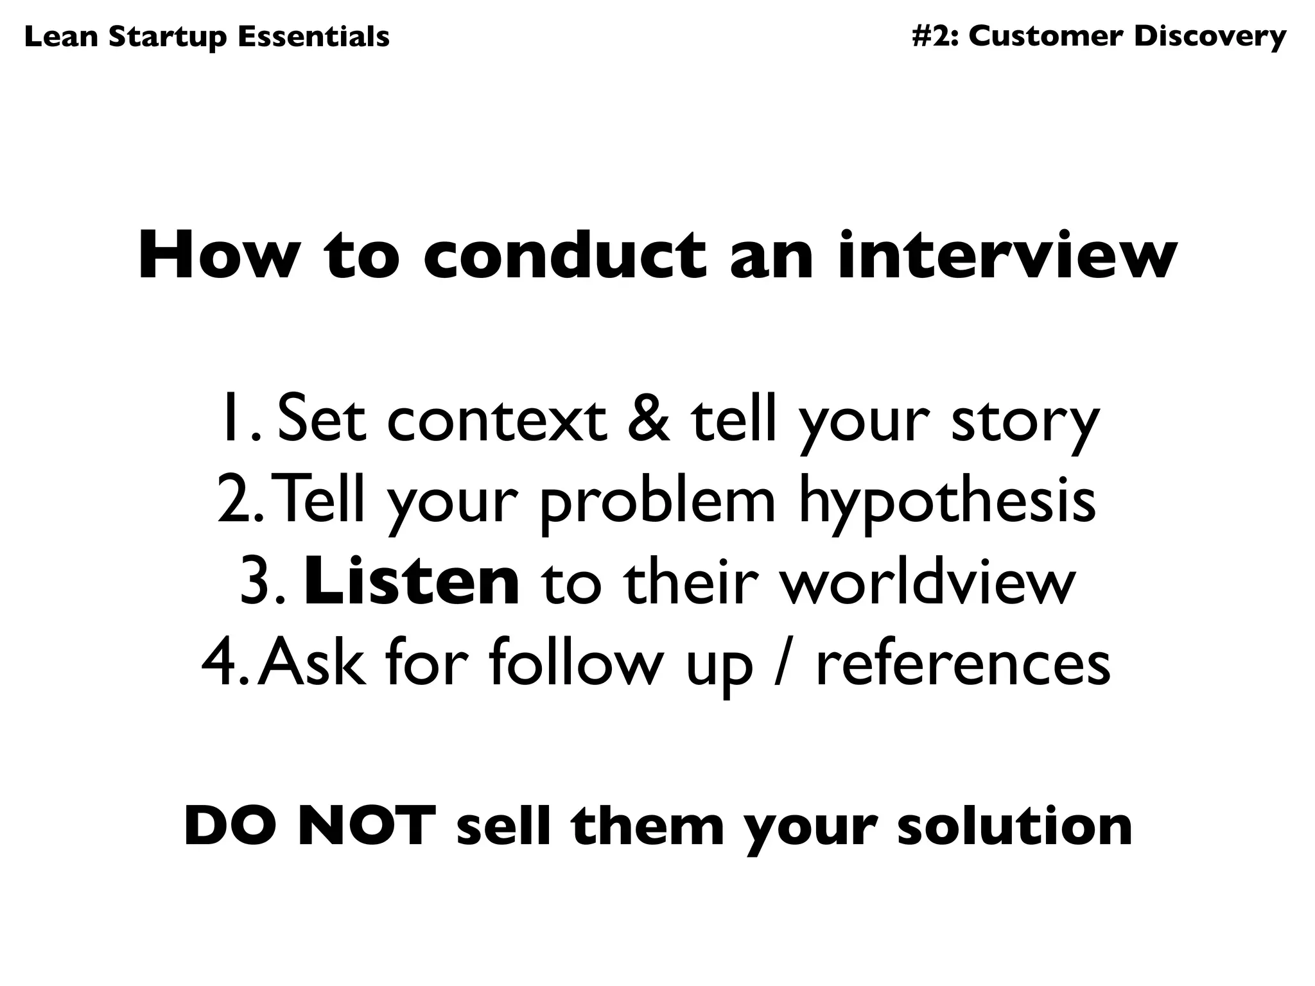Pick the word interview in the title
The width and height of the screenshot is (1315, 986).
(1007, 257)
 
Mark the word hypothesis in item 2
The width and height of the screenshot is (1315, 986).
(948, 504)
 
